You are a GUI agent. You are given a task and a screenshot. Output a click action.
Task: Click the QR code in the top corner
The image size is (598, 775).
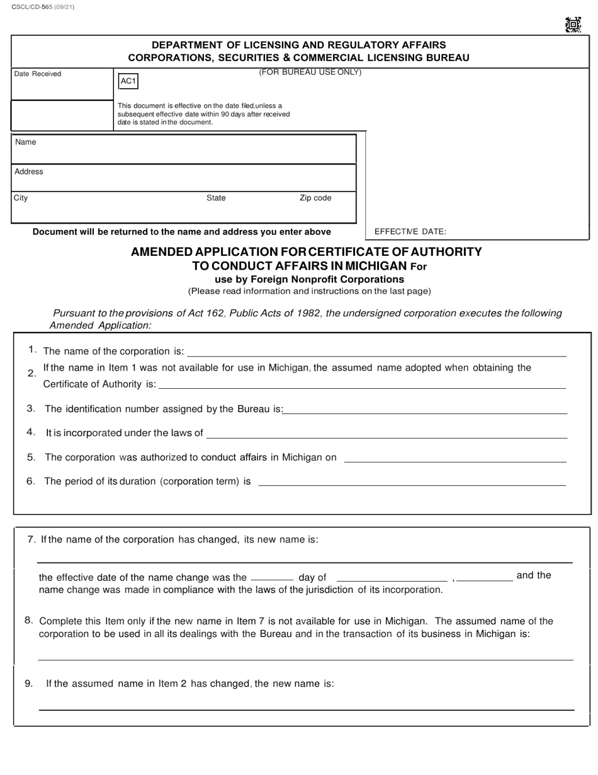(x=572, y=25)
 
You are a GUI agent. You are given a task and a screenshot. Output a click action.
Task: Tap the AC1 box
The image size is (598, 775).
(x=128, y=81)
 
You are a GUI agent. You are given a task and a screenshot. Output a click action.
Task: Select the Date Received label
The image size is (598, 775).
(x=38, y=74)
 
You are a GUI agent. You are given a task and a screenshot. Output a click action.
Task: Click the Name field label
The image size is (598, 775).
(x=26, y=142)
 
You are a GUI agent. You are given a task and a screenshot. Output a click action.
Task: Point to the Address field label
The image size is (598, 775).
(x=29, y=172)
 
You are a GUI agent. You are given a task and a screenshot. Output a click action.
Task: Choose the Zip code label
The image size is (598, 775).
(x=315, y=198)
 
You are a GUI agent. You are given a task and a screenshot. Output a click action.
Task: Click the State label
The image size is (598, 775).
(x=216, y=198)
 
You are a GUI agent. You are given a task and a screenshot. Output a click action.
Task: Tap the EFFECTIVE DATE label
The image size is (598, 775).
(x=410, y=232)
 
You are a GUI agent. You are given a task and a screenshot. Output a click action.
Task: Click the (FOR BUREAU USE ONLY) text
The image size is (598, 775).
(x=310, y=72)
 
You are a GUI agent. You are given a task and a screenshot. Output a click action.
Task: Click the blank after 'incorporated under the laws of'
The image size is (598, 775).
(x=386, y=436)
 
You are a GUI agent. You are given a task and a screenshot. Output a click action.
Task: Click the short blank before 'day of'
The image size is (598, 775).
(x=272, y=578)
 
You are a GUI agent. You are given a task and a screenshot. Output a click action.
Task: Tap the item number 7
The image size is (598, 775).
(x=31, y=540)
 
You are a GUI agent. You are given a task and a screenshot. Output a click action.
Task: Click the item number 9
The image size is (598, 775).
(x=29, y=684)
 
